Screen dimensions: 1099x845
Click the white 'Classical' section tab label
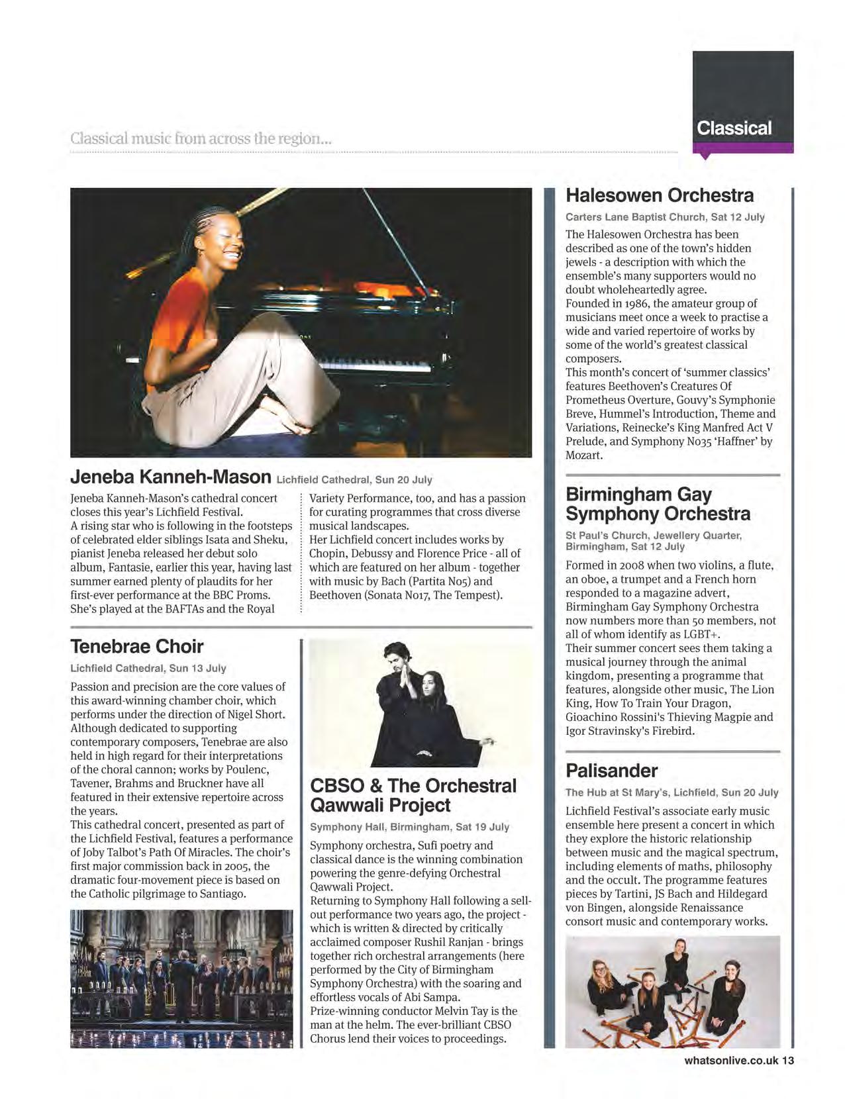pyautogui.click(x=734, y=128)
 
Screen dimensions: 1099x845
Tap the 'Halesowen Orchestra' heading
pyautogui.click(x=660, y=195)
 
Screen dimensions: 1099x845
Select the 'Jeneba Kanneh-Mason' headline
pyautogui.click(x=171, y=477)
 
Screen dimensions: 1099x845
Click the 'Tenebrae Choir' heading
pyautogui.click(x=136, y=646)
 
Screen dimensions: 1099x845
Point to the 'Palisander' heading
pyautogui.click(x=611, y=771)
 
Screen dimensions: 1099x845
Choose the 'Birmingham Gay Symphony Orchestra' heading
pyautogui.click(x=658, y=504)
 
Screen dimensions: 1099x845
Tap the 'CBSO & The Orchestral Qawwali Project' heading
pyautogui.click(x=413, y=795)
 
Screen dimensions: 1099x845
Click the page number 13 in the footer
pyautogui.click(x=787, y=1061)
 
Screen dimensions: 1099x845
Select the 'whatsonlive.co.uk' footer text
pyautogui.click(x=731, y=1061)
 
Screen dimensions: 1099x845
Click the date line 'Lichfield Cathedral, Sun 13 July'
pyautogui.click(x=148, y=668)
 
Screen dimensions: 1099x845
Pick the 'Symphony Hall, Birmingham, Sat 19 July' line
pyautogui.click(x=409, y=827)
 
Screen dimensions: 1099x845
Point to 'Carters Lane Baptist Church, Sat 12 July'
pyautogui.click(x=665, y=217)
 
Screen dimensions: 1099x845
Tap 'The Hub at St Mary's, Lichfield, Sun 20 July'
pyautogui.click(x=671, y=792)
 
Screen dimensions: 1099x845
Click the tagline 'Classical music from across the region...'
pyautogui.click(x=201, y=139)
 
